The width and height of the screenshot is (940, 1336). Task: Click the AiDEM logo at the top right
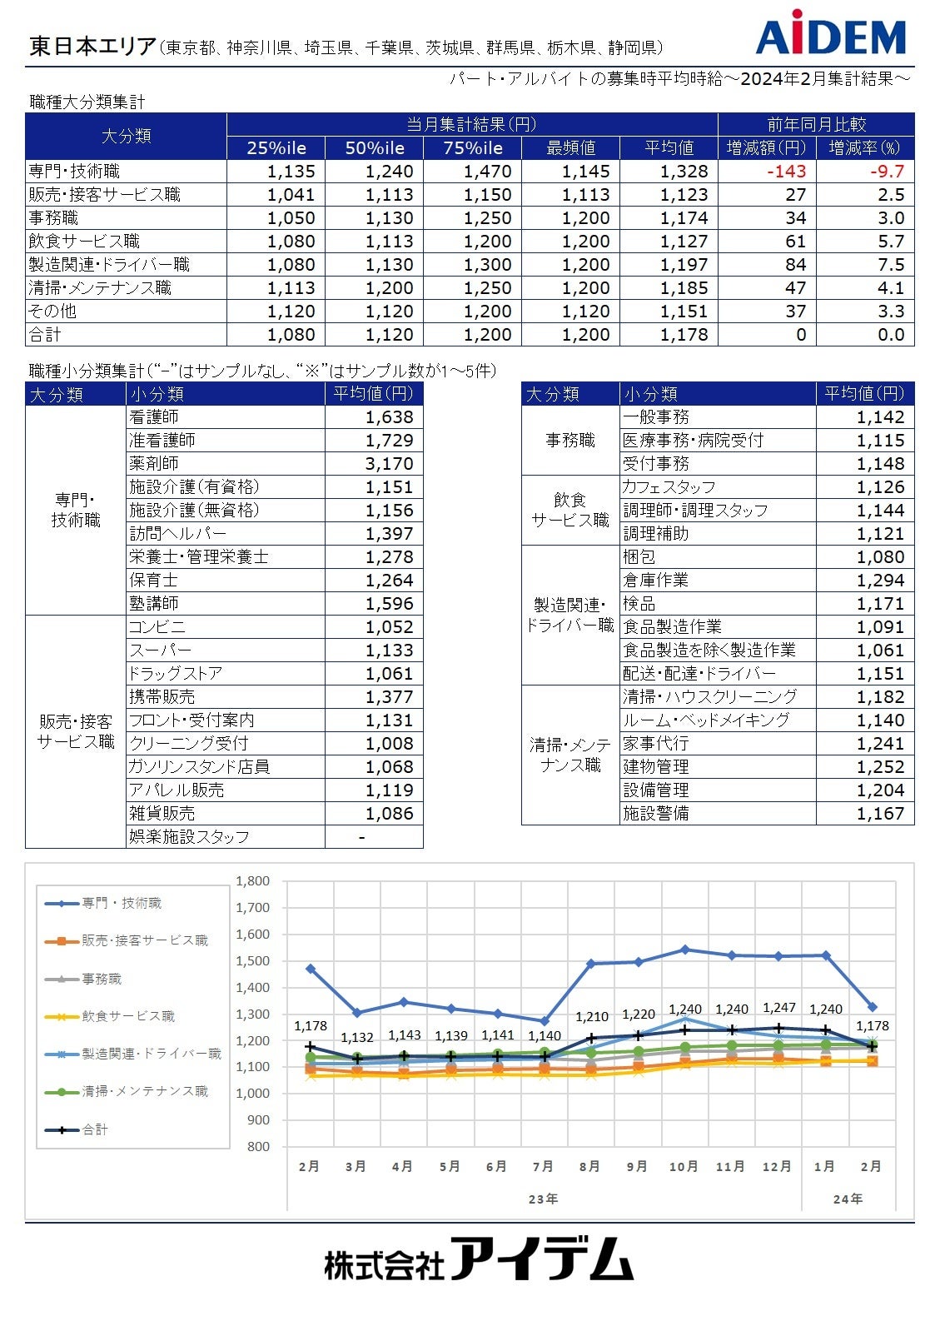[x=830, y=36]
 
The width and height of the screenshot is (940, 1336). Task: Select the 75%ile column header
[x=473, y=148]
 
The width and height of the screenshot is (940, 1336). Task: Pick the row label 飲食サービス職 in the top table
[x=84, y=242]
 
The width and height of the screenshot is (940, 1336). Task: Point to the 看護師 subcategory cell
[x=154, y=417]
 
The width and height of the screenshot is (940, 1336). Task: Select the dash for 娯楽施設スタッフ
[x=361, y=837]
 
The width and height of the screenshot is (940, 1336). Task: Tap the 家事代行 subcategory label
[x=656, y=744]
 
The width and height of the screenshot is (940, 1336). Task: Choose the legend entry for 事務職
[x=102, y=979]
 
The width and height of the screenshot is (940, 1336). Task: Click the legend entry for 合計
[x=95, y=1129]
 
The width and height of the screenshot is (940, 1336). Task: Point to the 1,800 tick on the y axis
[x=253, y=881]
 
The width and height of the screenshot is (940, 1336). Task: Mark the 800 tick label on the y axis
[x=258, y=1147]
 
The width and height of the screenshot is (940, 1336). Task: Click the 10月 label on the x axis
[x=684, y=1167]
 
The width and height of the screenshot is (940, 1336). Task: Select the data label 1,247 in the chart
[x=779, y=1008]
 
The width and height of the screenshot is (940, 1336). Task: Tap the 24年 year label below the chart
[x=848, y=1199]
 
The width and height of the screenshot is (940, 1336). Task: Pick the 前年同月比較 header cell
[x=816, y=125]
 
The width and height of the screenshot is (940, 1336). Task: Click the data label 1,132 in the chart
[x=357, y=1038]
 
